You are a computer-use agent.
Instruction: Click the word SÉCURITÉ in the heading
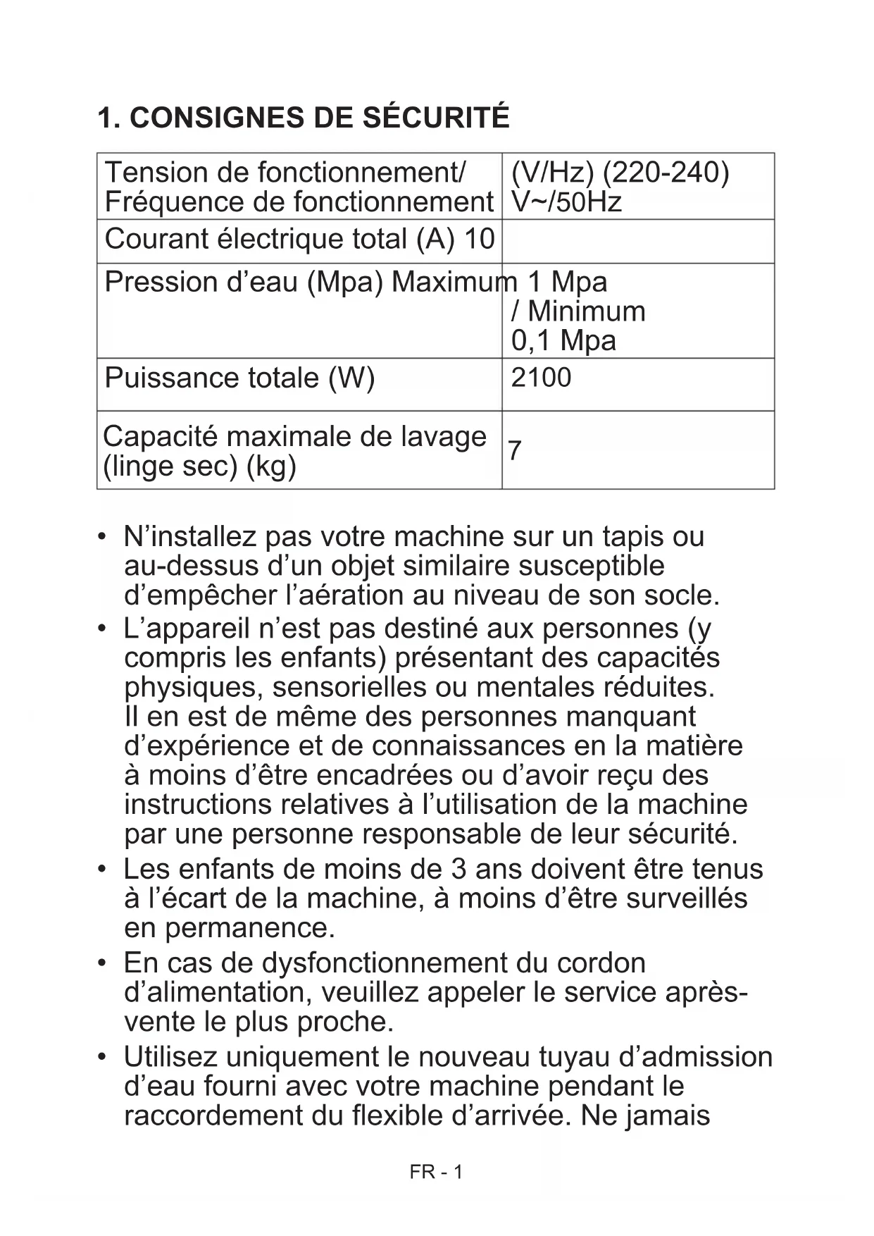pos(436,117)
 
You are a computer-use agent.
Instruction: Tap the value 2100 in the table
pos(541,378)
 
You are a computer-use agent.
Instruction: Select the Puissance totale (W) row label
pos(239,378)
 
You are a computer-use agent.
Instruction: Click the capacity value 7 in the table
pos(515,450)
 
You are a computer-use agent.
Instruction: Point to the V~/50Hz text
pos(566,202)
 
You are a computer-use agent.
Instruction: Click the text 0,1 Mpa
pos(563,340)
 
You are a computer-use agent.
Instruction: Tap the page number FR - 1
pos(436,1172)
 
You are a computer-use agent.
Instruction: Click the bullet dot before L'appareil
pos(103,628)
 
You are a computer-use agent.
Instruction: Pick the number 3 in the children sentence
pos(458,869)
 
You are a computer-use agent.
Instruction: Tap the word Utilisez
pos(170,1057)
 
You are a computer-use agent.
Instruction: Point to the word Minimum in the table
pos(586,311)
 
